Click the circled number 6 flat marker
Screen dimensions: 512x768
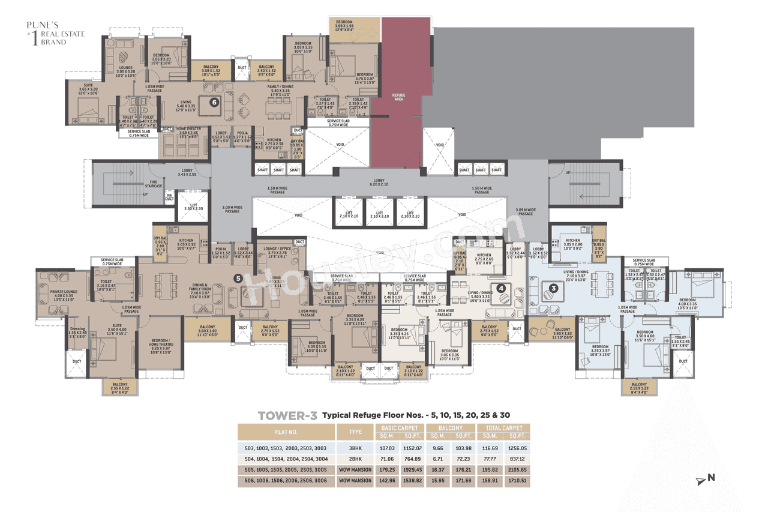(x=214, y=102)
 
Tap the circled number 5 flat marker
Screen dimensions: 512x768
(x=238, y=278)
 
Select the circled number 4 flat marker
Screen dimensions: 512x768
(x=501, y=288)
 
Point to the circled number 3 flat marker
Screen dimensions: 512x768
(x=554, y=288)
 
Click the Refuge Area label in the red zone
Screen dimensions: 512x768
(x=398, y=97)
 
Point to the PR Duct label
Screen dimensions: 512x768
(x=169, y=196)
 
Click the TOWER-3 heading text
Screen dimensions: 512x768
(x=287, y=415)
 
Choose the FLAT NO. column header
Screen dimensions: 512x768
(x=286, y=432)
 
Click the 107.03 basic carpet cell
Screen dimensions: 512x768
(x=385, y=448)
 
